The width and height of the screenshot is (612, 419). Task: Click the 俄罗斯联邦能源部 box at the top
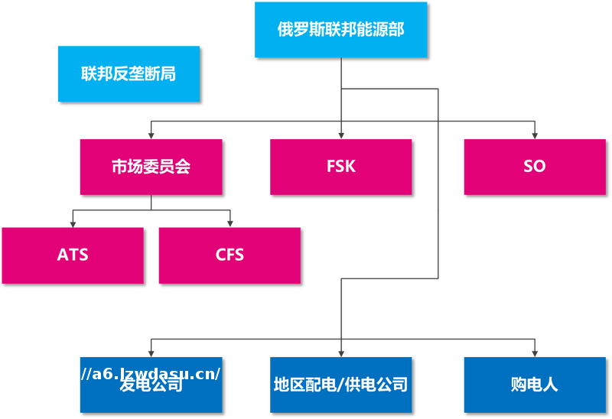tap(341, 30)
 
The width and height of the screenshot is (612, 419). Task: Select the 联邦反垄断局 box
tap(129, 73)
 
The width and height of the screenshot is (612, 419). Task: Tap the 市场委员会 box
tap(151, 166)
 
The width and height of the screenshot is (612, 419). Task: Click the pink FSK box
tap(340, 166)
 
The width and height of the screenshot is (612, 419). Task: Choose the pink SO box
tap(534, 166)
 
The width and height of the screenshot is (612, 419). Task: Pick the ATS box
tap(72, 255)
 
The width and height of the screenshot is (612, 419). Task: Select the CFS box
tap(229, 255)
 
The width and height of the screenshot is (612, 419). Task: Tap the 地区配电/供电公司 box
tap(340, 384)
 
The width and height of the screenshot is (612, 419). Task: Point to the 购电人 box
tap(534, 384)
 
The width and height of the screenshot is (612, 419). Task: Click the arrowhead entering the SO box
tap(535, 134)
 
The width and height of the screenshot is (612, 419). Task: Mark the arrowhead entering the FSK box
tap(341, 134)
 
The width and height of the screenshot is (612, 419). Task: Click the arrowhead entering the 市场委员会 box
tap(151, 134)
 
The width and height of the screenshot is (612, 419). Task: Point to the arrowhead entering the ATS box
tap(73, 222)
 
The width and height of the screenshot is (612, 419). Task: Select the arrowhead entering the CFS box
tap(229, 222)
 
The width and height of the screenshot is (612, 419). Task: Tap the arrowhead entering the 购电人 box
tap(535, 352)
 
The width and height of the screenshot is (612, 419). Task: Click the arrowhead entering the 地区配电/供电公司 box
tap(341, 352)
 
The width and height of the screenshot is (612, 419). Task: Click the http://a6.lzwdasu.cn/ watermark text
tap(129, 374)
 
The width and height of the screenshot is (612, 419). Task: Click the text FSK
tap(340, 166)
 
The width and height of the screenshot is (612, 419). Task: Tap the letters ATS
tap(72, 255)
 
